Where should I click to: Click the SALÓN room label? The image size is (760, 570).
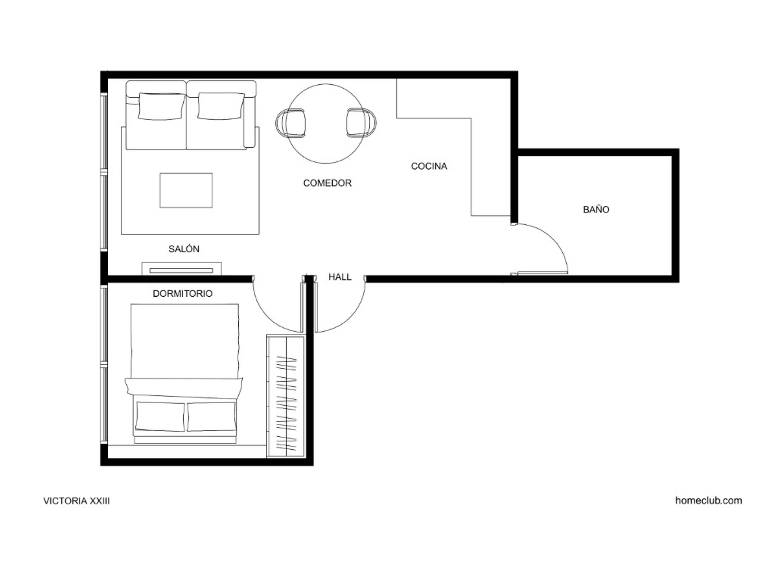184,249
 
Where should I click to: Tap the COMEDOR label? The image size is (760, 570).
327,183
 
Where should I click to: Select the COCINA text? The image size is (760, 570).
429,166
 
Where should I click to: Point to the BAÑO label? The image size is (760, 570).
596,209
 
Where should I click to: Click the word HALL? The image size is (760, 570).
340,277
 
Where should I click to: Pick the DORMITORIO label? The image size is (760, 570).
182,294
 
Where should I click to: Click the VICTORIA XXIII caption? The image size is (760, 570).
77,501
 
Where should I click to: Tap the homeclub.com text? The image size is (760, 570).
708,501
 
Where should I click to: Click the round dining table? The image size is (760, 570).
326,124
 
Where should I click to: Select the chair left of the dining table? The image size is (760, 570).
290,123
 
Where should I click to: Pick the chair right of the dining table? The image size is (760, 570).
361,123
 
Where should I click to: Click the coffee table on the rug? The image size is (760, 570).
186,190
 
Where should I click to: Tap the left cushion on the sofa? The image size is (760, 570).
162,106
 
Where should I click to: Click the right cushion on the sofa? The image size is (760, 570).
221,106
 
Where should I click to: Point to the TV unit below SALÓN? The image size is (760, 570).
181,268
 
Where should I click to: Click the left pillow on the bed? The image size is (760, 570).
161,416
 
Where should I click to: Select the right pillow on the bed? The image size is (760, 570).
211,416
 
